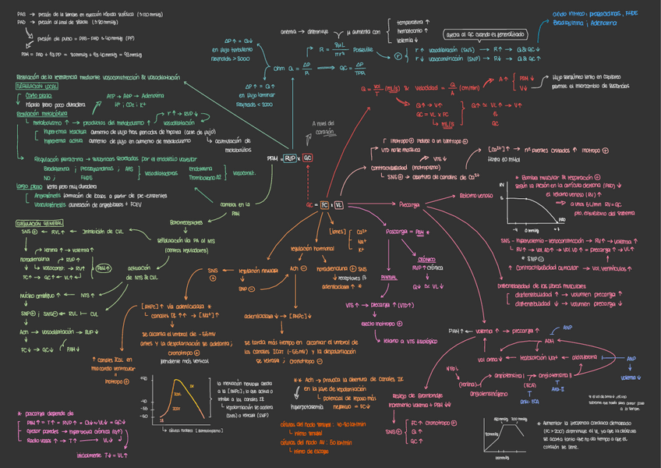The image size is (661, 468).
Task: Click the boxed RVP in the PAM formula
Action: pos(289,158)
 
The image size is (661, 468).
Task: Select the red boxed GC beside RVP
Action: pos(308,158)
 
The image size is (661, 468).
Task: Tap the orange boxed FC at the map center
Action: pos(324,204)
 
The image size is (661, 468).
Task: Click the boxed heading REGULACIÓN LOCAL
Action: pos(35,87)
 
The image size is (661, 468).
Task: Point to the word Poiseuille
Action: pos(362,49)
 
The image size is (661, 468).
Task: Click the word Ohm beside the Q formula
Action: pos(278,69)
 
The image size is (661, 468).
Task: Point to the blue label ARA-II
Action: pos(558,388)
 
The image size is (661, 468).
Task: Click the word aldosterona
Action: pos(589,358)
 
